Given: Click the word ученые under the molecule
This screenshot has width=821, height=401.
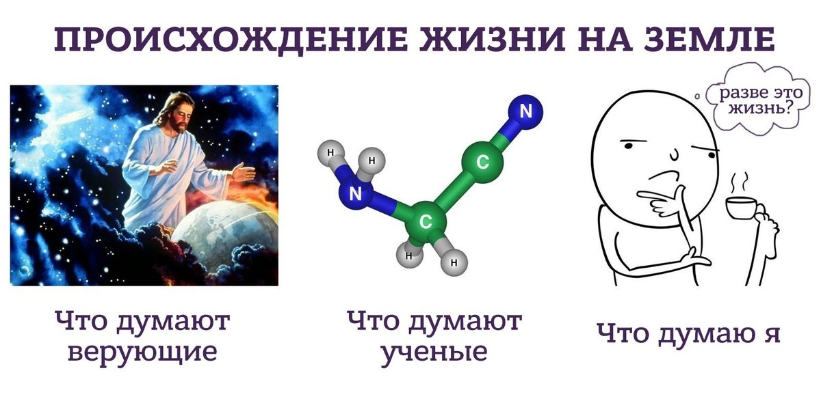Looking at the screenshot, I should [x=434, y=352].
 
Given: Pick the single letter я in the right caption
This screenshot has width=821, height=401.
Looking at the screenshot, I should [x=770, y=334].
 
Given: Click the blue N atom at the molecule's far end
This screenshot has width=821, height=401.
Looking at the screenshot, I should [x=525, y=112].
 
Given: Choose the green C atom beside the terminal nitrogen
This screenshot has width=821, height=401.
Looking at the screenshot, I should [x=482, y=163].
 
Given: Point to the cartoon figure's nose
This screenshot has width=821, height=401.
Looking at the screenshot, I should [x=674, y=154].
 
